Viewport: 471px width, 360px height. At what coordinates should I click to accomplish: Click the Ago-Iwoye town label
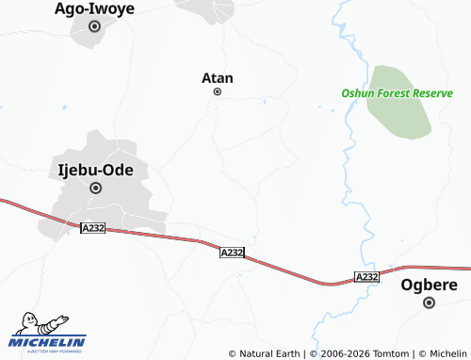pos(94,9)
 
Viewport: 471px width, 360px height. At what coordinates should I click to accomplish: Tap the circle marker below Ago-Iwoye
pos(94,26)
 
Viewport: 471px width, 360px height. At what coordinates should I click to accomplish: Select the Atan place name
pos(218,78)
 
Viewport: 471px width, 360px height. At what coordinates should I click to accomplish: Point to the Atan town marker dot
pos(218,92)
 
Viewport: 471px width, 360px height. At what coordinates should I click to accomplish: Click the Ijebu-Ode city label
pos(95,171)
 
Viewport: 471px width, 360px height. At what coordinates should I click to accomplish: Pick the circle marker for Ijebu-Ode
pos(95,188)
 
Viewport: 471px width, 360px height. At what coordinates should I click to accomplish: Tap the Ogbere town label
pos(429,285)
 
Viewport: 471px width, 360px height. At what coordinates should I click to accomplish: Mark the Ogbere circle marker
pos(430,303)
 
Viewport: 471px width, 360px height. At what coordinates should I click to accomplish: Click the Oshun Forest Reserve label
pos(397,93)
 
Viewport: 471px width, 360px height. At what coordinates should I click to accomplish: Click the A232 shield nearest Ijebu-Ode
pos(92,228)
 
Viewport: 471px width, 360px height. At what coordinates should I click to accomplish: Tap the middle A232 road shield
pos(232,253)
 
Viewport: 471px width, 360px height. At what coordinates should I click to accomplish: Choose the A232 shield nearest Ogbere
pos(367,276)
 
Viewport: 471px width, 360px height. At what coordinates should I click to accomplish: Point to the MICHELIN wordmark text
pos(47,342)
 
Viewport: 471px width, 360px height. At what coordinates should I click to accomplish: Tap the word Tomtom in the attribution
pos(391,353)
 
